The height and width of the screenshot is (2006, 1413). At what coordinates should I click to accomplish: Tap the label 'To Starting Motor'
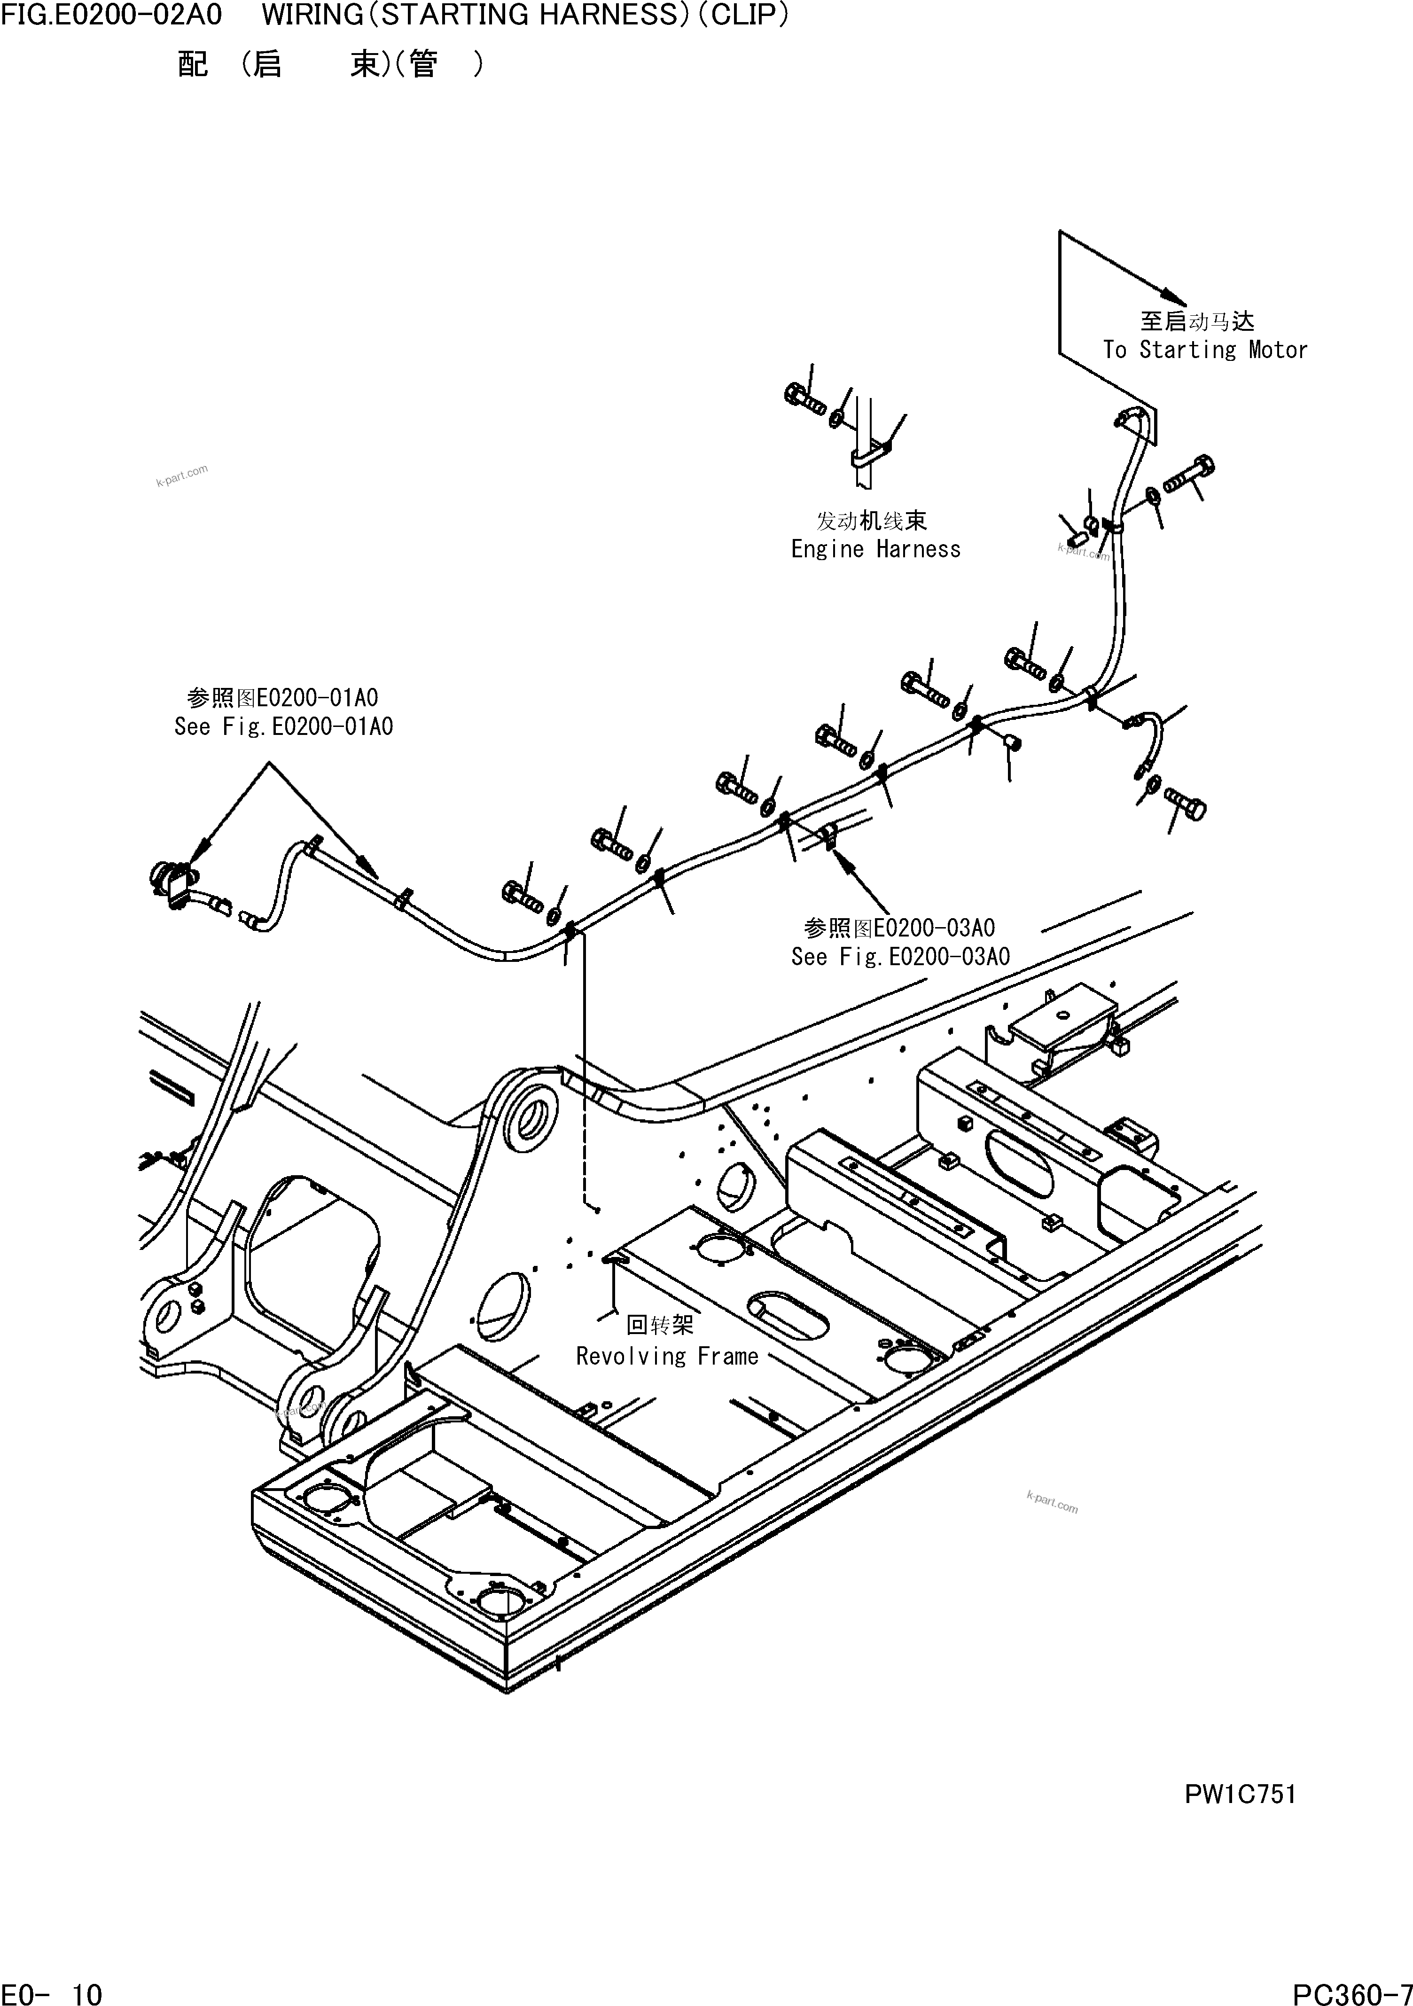point(1204,350)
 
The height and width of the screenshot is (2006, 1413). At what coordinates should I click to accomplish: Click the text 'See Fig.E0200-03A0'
point(900,957)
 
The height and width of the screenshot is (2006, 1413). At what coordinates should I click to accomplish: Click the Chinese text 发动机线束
point(871,521)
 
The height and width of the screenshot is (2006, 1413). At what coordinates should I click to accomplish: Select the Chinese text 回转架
point(660,1326)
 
